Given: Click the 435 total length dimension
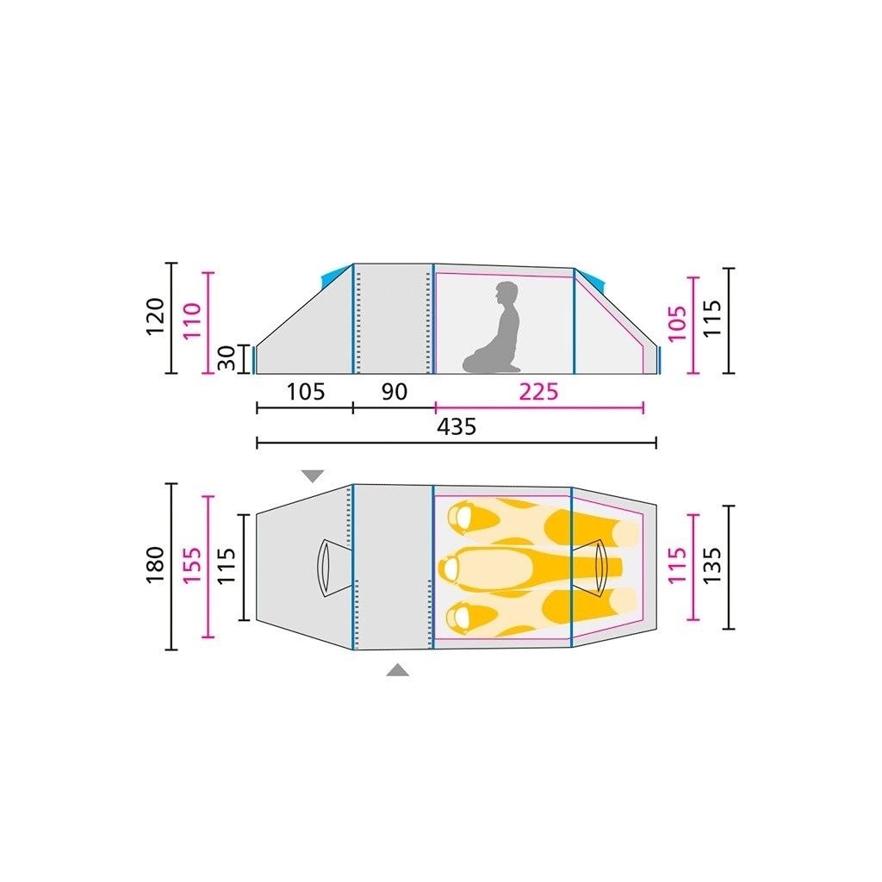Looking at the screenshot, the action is tap(457, 427).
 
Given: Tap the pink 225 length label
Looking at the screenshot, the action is tap(538, 392).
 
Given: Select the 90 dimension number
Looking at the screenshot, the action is tap(394, 392).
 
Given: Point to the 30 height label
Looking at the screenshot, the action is tap(227, 359).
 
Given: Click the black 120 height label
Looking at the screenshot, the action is tap(155, 317).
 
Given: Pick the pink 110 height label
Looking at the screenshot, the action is tap(192, 320).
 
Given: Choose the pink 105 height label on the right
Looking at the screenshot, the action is tap(677, 324).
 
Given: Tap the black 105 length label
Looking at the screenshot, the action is tap(306, 392).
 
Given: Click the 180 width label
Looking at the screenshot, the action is tap(155, 564).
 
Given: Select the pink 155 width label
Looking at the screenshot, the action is tap(192, 565).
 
